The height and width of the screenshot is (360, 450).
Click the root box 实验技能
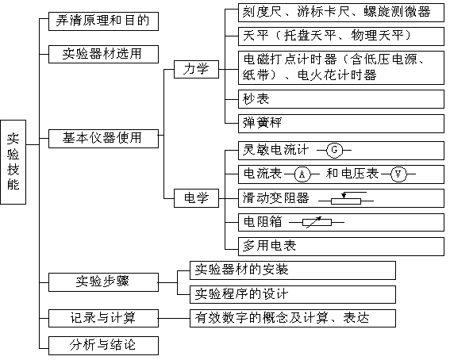[13, 162]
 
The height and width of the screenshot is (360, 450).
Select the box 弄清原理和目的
[103, 21]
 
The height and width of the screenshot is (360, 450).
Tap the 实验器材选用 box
[103, 54]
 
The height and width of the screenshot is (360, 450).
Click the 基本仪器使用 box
[103, 139]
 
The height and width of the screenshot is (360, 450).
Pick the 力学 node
[196, 69]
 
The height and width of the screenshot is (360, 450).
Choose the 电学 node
[196, 198]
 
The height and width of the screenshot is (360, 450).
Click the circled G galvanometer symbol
[334, 150]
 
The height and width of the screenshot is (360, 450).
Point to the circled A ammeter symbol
[302, 174]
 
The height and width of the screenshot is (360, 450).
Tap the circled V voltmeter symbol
[398, 174]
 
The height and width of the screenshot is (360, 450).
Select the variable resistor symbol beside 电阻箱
[317, 222]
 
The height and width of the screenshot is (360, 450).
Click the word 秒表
[256, 99]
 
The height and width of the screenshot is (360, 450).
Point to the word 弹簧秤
[262, 123]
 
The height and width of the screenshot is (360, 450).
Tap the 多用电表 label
[269, 246]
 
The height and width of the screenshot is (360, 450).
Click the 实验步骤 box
[103, 282]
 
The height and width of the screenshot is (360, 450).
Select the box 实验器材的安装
[293, 270]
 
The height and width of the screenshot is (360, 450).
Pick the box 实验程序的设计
[293, 294]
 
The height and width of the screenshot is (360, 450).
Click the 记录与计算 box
[103, 318]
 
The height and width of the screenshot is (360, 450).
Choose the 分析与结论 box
[103, 346]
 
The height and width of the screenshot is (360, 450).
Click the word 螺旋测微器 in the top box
[397, 12]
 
